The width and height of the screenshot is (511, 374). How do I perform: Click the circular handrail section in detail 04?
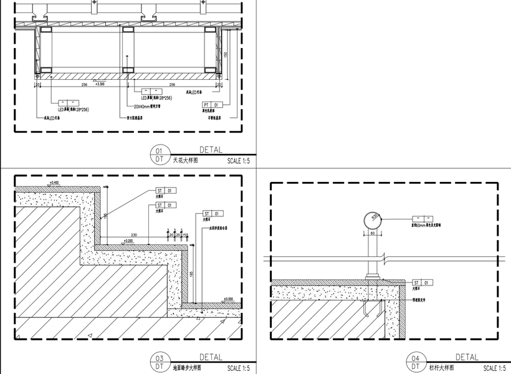coord(373,220)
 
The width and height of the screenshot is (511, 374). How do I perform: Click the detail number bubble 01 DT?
coord(159,155)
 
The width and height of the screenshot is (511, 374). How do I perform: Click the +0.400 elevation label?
coord(54,182)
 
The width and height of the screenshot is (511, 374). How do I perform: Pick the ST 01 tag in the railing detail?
coord(423,282)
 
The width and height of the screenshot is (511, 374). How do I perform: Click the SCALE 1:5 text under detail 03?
coord(239,368)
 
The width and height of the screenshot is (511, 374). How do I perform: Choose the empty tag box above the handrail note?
coord(421,219)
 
